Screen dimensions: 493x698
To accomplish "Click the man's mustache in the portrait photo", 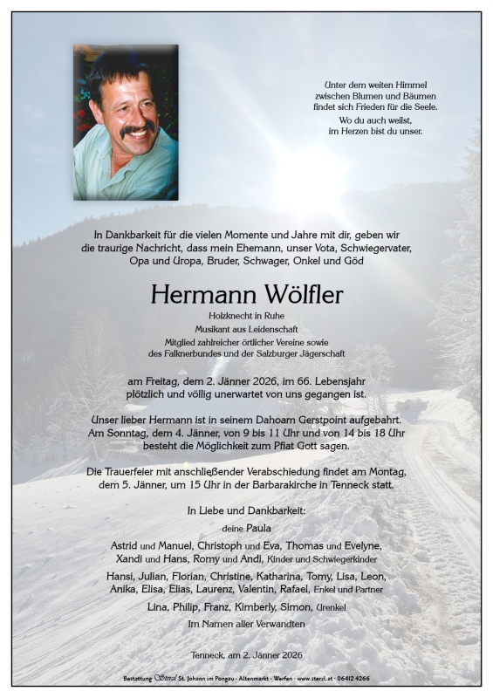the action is (137, 130).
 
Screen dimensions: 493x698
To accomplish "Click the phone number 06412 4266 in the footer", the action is (377, 678).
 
